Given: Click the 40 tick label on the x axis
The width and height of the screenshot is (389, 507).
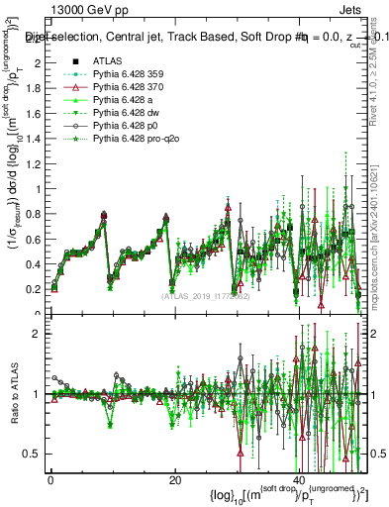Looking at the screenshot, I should click(299, 481).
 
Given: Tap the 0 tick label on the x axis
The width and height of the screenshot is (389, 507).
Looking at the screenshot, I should click(50, 481).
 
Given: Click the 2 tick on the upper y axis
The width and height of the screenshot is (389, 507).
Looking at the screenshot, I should click(37, 63).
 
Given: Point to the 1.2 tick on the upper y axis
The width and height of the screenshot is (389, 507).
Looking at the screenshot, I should click(33, 164).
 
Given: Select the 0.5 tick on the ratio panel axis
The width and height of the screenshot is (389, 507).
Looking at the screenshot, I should click(33, 454).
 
